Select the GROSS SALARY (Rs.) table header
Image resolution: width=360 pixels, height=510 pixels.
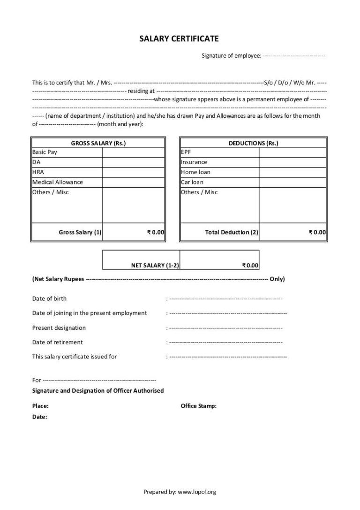tap(98, 143)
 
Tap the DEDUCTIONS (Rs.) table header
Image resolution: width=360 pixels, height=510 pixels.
tap(253, 143)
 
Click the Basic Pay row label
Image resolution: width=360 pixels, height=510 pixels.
tap(45, 152)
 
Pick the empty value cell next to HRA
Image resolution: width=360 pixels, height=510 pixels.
tap(133, 172)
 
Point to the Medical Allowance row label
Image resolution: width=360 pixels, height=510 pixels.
tap(57, 182)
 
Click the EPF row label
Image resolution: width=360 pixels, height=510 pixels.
tap(186, 152)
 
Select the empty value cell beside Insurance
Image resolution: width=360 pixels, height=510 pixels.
tap(292, 162)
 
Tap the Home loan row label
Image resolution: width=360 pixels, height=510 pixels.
tap(195, 172)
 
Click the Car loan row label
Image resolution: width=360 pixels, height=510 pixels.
tap(192, 182)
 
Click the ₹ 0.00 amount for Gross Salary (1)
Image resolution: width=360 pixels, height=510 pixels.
tap(156, 232)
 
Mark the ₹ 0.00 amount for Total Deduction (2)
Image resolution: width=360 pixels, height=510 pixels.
tap(317, 232)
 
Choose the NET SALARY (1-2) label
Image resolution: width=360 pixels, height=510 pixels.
tap(155, 266)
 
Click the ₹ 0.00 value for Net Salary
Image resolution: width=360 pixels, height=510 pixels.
tap(250, 266)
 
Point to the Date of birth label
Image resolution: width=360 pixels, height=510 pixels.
tap(49, 298)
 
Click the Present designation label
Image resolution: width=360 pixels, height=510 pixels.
tap(59, 327)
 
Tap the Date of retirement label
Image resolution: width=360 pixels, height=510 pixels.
tap(57, 342)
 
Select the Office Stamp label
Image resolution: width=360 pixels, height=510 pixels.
tap(199, 406)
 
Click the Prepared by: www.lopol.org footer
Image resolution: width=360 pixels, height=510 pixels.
tap(180, 492)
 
